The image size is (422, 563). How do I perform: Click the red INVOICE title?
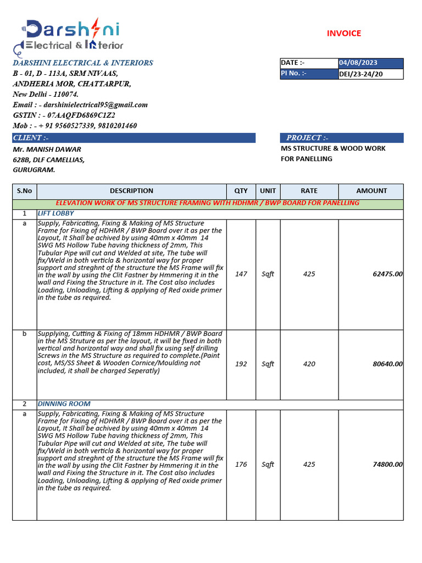coord(344,33)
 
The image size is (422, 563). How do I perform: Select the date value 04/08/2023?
coord(358,63)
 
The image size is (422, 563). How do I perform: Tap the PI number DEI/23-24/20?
coord(360,73)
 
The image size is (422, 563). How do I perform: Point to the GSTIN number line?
coord(64,115)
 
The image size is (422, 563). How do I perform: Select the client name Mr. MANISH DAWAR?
coord(47,149)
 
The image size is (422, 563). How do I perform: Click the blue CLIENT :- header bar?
coord(134,137)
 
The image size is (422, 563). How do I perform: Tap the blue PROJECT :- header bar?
coord(342,137)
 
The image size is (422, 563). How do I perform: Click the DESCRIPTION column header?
coord(131,191)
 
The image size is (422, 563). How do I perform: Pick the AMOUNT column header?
coord(371,191)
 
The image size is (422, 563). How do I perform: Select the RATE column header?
coord(309,191)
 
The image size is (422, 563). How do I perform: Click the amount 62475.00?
coord(387,274)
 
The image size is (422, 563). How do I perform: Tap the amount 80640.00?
coord(387,364)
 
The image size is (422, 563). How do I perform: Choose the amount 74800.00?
coord(387,465)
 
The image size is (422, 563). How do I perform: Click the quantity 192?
coord(241,364)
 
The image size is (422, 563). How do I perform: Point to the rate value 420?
coord(309,364)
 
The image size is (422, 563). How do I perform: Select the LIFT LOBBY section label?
coord(55,213)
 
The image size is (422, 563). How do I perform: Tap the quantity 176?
coord(241,465)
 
